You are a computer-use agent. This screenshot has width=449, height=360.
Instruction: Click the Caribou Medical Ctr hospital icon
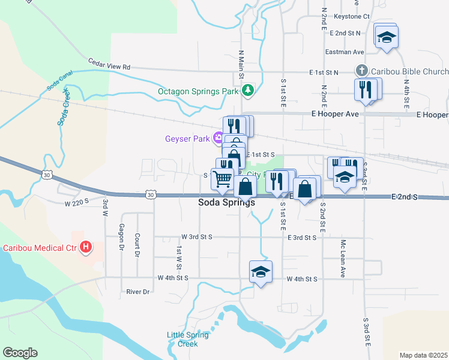86,247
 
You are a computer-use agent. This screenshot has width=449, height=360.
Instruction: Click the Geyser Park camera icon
218,139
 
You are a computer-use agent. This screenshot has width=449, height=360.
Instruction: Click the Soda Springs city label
226,203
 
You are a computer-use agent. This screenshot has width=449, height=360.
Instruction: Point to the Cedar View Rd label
109,64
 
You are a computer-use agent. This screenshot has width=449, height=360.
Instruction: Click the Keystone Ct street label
352,16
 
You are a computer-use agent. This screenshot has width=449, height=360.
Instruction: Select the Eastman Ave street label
345,52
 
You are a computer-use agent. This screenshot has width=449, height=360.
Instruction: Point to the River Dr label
137,292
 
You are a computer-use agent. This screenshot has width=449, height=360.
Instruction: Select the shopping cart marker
222,178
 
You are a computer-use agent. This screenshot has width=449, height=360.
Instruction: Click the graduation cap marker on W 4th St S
261,272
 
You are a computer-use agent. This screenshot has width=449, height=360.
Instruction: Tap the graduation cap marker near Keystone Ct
386,37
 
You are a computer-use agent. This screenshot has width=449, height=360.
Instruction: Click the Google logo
20,353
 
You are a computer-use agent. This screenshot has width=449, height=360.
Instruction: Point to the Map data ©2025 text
423,355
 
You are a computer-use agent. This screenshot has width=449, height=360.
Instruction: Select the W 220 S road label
76,203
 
